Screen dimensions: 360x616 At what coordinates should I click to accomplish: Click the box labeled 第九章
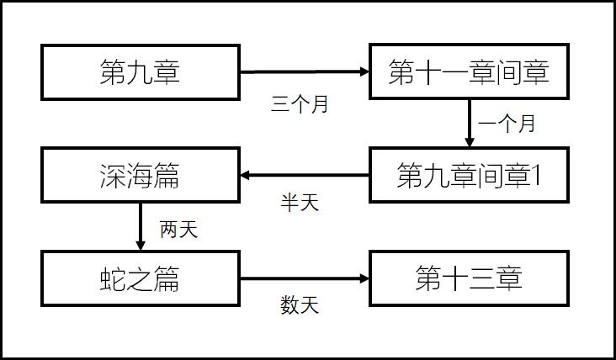point(141,72)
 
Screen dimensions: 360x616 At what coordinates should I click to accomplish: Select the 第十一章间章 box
point(469,72)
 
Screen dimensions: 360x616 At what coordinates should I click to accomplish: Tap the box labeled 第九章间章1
point(469,176)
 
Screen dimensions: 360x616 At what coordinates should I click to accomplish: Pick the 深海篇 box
point(141,176)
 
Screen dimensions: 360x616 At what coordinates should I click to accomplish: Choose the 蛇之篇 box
point(141,278)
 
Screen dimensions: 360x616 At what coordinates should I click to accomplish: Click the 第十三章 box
point(469,278)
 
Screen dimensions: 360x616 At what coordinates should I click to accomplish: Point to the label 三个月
point(300,104)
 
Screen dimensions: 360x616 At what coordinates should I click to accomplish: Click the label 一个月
point(507,124)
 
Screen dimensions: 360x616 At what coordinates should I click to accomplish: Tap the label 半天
point(300,203)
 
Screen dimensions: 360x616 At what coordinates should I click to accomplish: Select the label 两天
point(178,229)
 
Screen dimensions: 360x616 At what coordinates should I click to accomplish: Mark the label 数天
point(300,305)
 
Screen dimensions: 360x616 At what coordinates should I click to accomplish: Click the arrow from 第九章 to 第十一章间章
point(305,72)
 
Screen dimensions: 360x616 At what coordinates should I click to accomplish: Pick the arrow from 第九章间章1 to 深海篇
point(305,176)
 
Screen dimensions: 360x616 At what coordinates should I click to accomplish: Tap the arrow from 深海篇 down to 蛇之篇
point(141,227)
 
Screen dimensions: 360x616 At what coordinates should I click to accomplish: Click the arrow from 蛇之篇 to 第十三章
point(305,278)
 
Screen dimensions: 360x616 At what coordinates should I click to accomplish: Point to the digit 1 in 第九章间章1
point(535,176)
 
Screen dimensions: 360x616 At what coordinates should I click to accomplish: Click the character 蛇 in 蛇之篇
point(114,278)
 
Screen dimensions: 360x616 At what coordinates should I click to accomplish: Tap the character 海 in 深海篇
point(141,176)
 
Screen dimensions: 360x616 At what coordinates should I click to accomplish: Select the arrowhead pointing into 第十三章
point(364,278)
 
